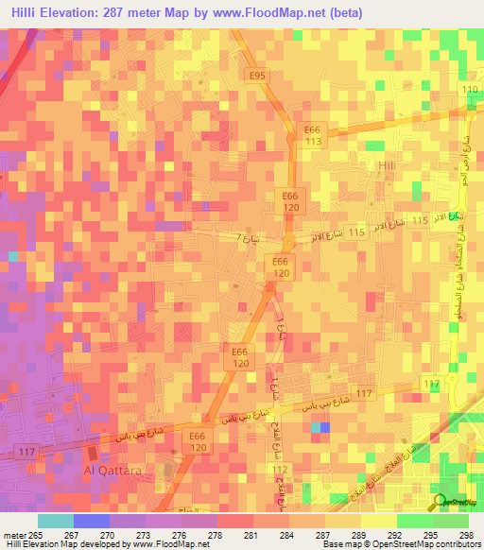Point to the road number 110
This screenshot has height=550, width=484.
coord(470,89)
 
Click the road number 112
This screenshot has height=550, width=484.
coord(279,470)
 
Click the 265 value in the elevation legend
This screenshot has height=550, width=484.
coord(38,535)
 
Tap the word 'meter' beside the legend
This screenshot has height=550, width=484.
coord(15,535)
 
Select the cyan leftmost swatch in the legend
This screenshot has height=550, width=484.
coord(55,521)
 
